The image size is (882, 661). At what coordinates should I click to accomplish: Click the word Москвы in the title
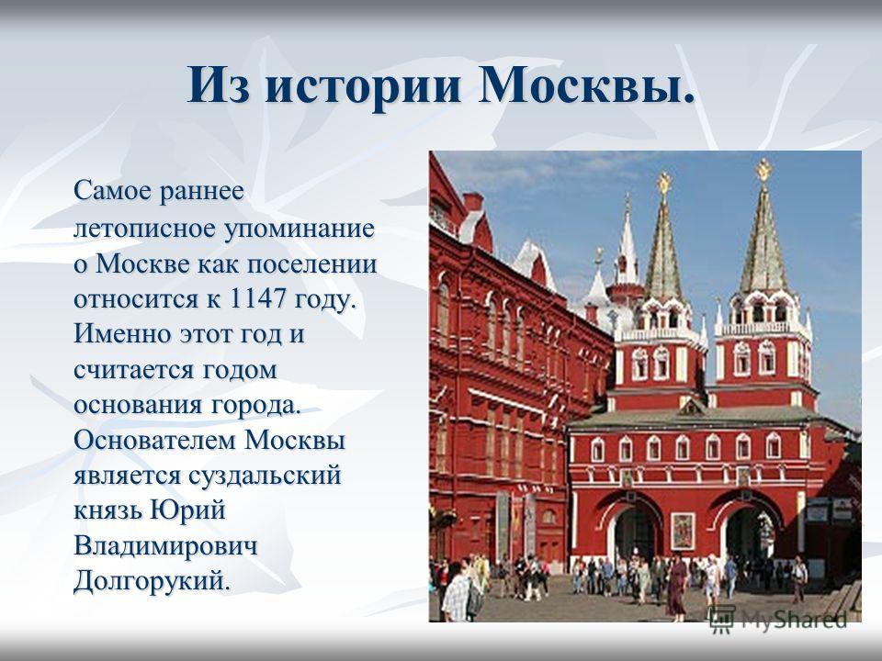coord(587,84)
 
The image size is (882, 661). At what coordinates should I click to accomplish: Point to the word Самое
coord(112,192)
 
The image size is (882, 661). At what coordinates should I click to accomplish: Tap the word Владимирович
coord(165,545)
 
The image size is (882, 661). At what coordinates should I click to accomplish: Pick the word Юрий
coord(188,510)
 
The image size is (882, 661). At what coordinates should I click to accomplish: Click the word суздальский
coord(265,476)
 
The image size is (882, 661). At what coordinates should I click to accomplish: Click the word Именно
coord(121,334)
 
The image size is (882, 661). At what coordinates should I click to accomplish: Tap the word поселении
coord(311,264)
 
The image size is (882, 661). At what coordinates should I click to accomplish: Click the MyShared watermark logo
coord(779,620)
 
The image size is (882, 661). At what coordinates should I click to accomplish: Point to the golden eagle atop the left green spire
coord(664,184)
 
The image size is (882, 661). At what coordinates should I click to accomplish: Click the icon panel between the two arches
coord(683,532)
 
